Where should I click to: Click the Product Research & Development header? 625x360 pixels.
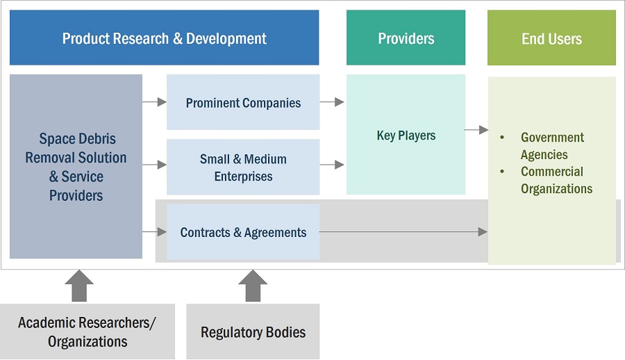point(164,38)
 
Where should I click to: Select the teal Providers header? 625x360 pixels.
point(406,38)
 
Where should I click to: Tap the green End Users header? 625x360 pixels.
point(551,38)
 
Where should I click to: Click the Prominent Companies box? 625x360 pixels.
point(243,103)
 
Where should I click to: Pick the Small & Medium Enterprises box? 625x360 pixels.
point(243,167)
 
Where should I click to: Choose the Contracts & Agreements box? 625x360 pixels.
point(243,232)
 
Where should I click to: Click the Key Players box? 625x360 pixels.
point(406,135)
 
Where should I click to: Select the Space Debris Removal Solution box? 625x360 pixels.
point(76,167)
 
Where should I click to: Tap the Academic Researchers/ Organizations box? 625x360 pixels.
point(87,332)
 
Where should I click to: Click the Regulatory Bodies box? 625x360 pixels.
point(253,332)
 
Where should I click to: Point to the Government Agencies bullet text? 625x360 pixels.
point(552,146)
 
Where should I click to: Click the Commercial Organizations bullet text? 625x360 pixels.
point(556,180)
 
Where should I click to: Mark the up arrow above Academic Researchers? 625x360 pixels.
point(79,286)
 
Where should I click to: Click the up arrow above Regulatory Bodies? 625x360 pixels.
point(253,286)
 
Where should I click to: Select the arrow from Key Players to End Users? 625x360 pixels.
point(476,129)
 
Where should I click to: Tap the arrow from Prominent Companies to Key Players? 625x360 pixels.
point(332,102)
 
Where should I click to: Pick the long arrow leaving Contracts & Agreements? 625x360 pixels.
point(403,231)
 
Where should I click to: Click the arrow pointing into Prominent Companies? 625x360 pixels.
point(154,102)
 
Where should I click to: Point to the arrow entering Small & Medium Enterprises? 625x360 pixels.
point(154,165)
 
